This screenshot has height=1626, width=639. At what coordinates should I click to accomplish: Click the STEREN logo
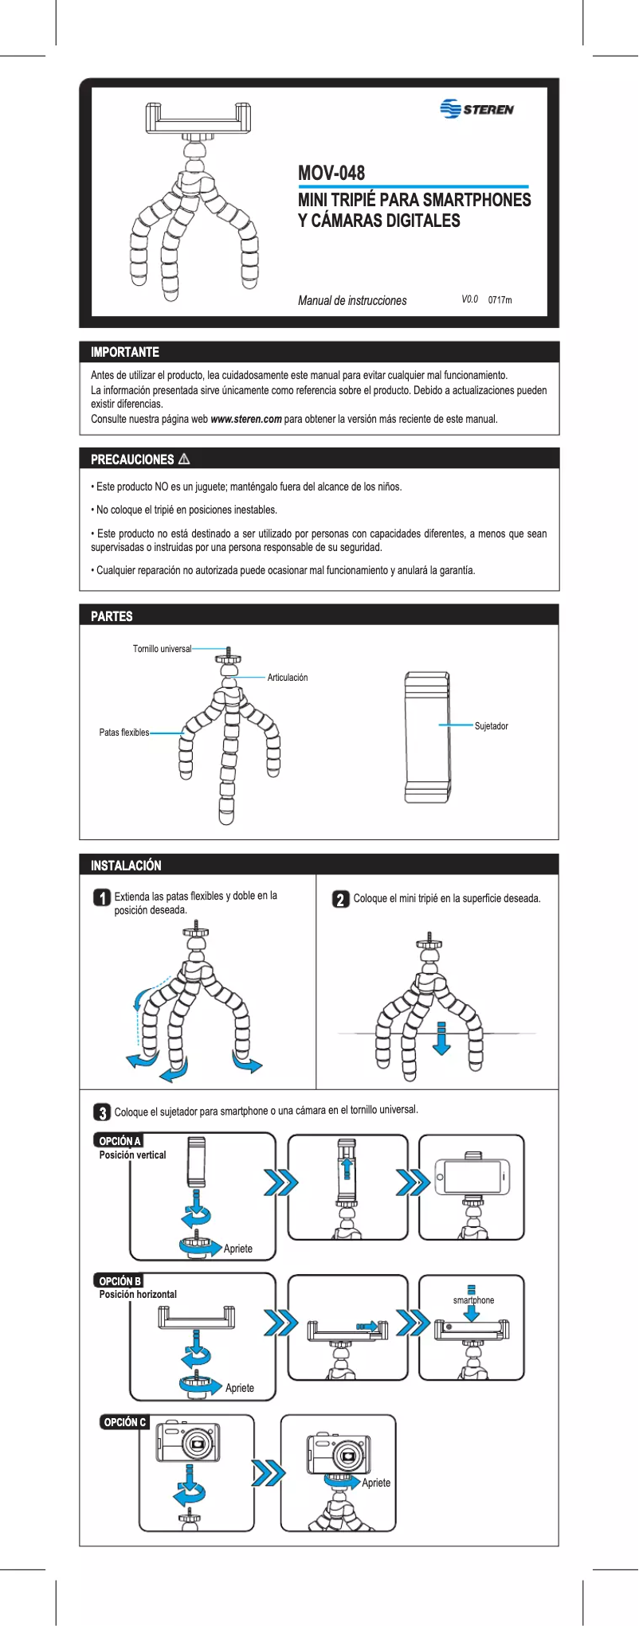pyautogui.click(x=476, y=109)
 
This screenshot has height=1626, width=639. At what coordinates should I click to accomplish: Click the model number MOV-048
pyautogui.click(x=331, y=173)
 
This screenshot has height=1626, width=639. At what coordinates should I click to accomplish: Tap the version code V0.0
pyautogui.click(x=469, y=299)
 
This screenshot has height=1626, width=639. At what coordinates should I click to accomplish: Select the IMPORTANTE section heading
pyautogui.click(x=125, y=352)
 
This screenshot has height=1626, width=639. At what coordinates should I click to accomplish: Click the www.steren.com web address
pyautogui.click(x=245, y=419)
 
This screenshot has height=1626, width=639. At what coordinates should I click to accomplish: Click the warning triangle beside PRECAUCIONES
pyautogui.click(x=184, y=459)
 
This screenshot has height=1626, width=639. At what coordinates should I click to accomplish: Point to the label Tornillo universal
pyautogui.click(x=162, y=649)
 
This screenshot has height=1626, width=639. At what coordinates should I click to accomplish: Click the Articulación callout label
pyautogui.click(x=287, y=678)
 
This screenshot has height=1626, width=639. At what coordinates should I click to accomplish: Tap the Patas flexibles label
pyautogui.click(x=123, y=733)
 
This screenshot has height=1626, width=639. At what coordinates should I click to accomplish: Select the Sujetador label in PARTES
pyautogui.click(x=491, y=726)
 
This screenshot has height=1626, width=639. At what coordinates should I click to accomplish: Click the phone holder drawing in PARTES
pyautogui.click(x=426, y=737)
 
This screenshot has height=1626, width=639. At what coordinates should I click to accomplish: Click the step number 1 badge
pyautogui.click(x=102, y=898)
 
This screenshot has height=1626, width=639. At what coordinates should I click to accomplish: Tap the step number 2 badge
pyautogui.click(x=340, y=899)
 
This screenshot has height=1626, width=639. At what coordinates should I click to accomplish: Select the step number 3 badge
pyautogui.click(x=102, y=1112)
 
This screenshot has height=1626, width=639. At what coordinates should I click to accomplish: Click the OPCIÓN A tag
pyautogui.click(x=120, y=1140)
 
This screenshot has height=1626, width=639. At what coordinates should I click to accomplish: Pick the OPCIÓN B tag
pyautogui.click(x=120, y=1280)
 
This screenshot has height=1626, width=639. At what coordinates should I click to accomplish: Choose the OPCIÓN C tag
pyautogui.click(x=125, y=1421)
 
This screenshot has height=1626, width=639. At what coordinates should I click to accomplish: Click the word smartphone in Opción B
pyautogui.click(x=473, y=1300)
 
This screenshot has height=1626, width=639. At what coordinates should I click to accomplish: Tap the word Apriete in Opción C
pyautogui.click(x=376, y=1483)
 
